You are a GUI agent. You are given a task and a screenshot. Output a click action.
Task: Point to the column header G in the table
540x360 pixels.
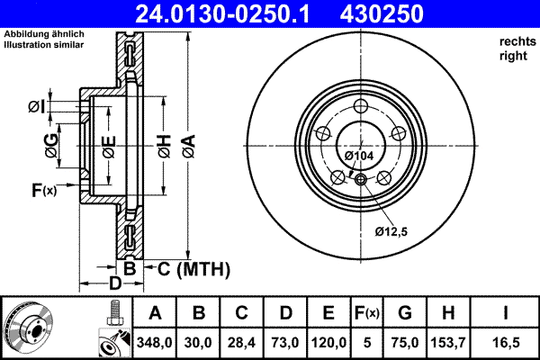(x=405, y=313)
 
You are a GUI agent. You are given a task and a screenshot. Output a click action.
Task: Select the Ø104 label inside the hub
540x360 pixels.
(x=359, y=157)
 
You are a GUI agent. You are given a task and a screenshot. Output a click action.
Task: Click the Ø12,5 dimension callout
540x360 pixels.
(x=391, y=232)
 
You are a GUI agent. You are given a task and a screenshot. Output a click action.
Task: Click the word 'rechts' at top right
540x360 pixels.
(x=516, y=41)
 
